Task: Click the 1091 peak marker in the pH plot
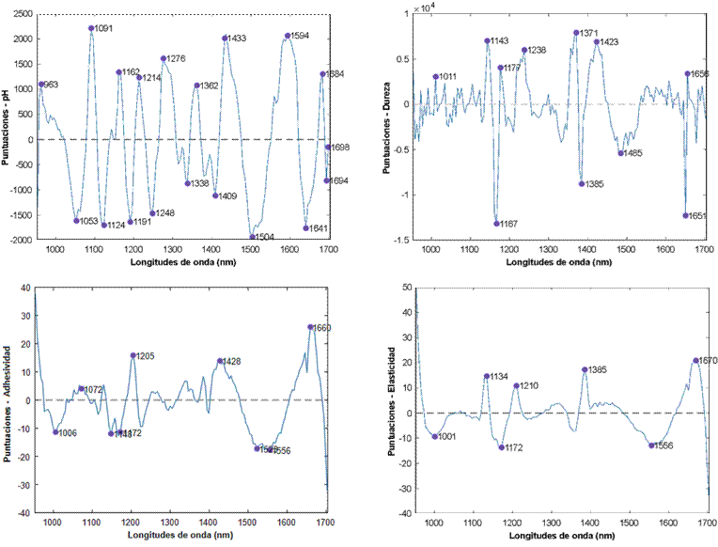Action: [91, 28]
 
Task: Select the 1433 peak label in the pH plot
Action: [236, 39]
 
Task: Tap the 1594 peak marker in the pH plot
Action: [288, 36]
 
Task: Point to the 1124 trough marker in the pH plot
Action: [103, 225]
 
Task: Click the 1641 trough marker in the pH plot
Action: [306, 227]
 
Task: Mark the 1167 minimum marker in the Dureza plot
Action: [496, 224]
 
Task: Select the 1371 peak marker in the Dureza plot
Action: [576, 33]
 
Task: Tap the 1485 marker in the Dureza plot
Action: [621, 153]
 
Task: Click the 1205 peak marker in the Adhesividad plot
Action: [133, 356]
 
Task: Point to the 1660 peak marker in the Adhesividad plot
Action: [311, 327]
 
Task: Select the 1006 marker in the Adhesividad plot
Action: [55, 432]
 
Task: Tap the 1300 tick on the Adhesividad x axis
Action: [169, 522]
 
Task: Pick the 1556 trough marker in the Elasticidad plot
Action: [651, 445]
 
